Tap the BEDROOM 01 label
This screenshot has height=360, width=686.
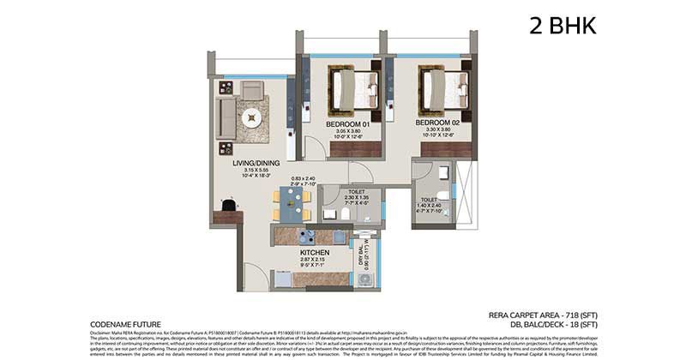click(346, 123)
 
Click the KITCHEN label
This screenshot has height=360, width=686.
click(315, 255)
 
